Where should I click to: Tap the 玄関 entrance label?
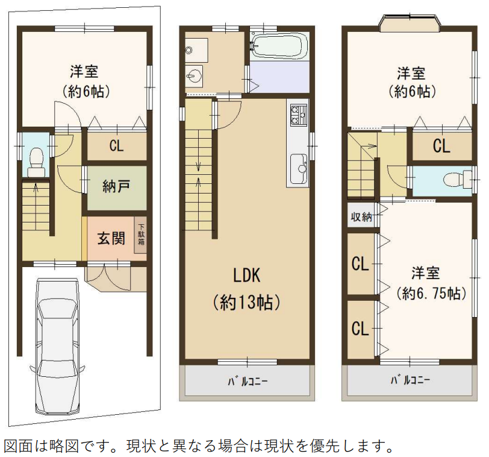pyautogui.click(x=111, y=239)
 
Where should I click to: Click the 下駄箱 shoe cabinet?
pyautogui.click(x=141, y=235)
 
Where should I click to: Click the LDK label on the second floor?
pyautogui.click(x=246, y=276)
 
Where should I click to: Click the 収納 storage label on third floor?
pyautogui.click(x=361, y=217)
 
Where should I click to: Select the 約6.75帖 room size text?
pyautogui.click(x=431, y=294)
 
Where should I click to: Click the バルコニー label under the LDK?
pyautogui.click(x=247, y=382)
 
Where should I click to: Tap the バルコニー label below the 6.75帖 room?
pyautogui.click(x=410, y=380)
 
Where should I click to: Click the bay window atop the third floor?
pyautogui.click(x=410, y=24)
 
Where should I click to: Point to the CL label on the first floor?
pyautogui.click(x=117, y=145)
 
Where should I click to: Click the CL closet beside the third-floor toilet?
pyautogui.click(x=441, y=146)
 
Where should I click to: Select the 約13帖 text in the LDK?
pyautogui.click(x=246, y=302)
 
